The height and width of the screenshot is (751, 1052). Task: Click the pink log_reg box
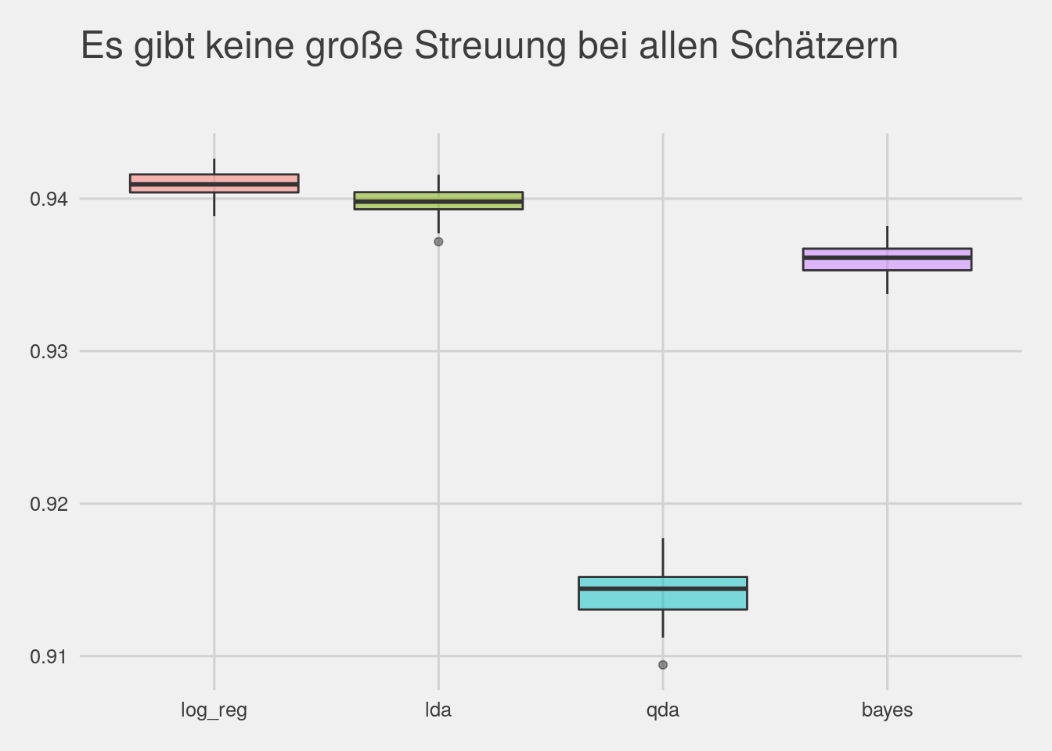click(214, 183)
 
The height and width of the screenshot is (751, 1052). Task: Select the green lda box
click(438, 200)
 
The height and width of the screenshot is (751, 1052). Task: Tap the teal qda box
click(662, 593)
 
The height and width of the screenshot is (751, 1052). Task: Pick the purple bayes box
click(887, 259)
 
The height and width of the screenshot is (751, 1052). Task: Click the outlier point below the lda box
click(438, 242)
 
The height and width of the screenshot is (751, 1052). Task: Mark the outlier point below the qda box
click(663, 665)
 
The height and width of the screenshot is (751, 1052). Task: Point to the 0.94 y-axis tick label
click(49, 199)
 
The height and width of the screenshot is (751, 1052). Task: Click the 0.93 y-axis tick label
click(49, 352)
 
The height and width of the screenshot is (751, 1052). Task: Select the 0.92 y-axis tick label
click(49, 505)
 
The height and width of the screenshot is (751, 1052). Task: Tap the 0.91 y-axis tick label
click(49, 657)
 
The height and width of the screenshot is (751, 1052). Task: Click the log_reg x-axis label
click(214, 710)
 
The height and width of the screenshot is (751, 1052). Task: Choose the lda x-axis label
click(438, 710)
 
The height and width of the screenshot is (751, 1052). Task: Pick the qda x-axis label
click(663, 710)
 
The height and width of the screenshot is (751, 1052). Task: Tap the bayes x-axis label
click(887, 710)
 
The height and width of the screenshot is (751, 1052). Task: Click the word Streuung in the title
click(489, 46)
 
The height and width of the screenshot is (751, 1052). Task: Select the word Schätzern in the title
click(814, 46)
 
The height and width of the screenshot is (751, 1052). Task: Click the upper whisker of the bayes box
click(887, 237)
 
